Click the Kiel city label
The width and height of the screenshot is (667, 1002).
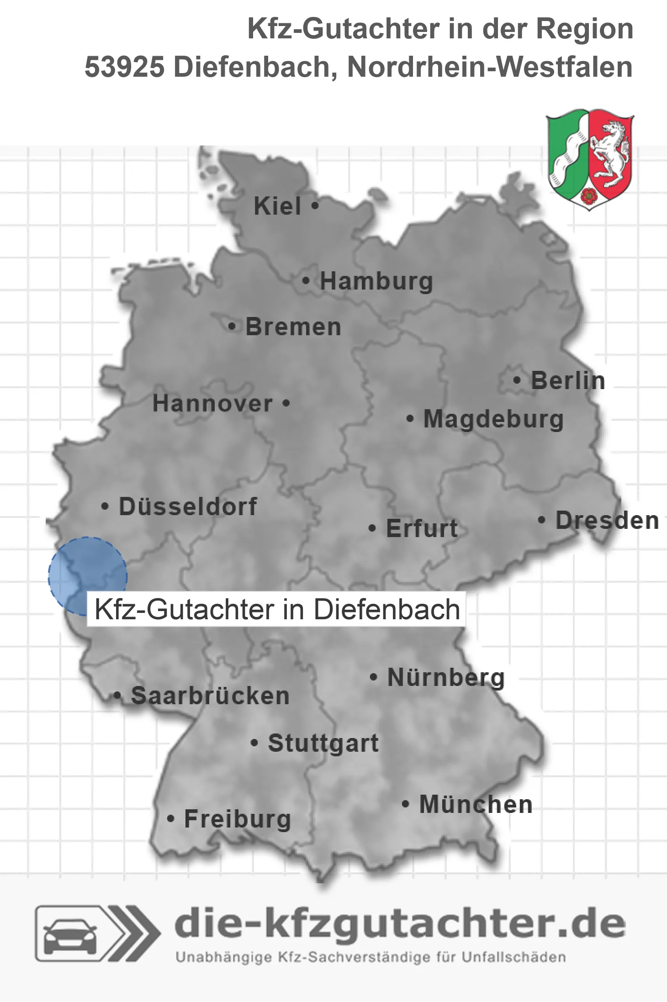pyautogui.click(x=277, y=206)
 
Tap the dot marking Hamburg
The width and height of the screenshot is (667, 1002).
pyautogui.click(x=306, y=281)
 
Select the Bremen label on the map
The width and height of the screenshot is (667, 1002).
pyautogui.click(x=293, y=327)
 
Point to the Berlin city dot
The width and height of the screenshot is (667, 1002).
pyautogui.click(x=517, y=380)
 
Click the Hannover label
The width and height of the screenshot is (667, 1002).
pyautogui.click(x=212, y=404)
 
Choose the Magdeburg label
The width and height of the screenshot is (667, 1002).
pyautogui.click(x=493, y=419)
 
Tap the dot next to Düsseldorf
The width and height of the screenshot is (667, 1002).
pyautogui.click(x=105, y=506)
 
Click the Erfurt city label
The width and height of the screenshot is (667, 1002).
pyautogui.click(x=422, y=528)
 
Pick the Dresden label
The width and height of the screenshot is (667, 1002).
pyautogui.click(x=607, y=521)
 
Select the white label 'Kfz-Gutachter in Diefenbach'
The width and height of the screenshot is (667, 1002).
pyautogui.click(x=276, y=609)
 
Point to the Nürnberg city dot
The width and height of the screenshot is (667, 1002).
pyautogui.click(x=373, y=677)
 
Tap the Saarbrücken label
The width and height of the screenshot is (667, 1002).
pyautogui.click(x=210, y=696)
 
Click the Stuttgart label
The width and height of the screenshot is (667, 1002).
pyautogui.click(x=323, y=743)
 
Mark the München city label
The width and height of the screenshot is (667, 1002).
pyautogui.click(x=476, y=804)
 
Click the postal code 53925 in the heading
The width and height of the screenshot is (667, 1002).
pyautogui.click(x=124, y=67)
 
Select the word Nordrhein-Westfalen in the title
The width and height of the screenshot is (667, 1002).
pyautogui.click(x=490, y=67)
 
